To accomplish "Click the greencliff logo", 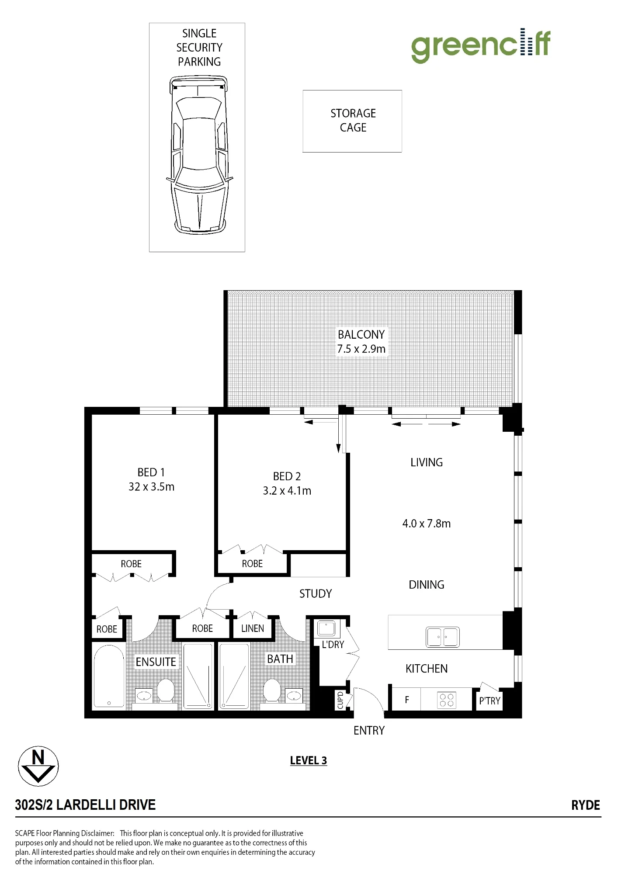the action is pos(481,45).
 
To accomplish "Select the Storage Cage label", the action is pos(353,120).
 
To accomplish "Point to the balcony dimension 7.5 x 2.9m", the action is pos(361,349).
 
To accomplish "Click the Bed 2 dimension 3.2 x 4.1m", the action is pos(287,490).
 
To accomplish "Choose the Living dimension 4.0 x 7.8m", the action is pos(426,523).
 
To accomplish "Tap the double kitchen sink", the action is pos(442,637).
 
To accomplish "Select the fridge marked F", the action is pos(407,700).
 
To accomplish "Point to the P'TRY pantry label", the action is pos(490,701).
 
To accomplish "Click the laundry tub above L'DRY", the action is pos(326,629).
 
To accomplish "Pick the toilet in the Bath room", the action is pos(272,690).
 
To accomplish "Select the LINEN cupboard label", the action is pos(253,628).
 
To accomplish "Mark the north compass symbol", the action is pos(38,766).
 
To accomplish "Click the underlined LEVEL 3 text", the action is pos(309,760).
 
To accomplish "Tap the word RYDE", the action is pos(586,805).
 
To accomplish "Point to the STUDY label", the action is pos(316,593).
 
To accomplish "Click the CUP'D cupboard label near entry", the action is pos(340,700).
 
